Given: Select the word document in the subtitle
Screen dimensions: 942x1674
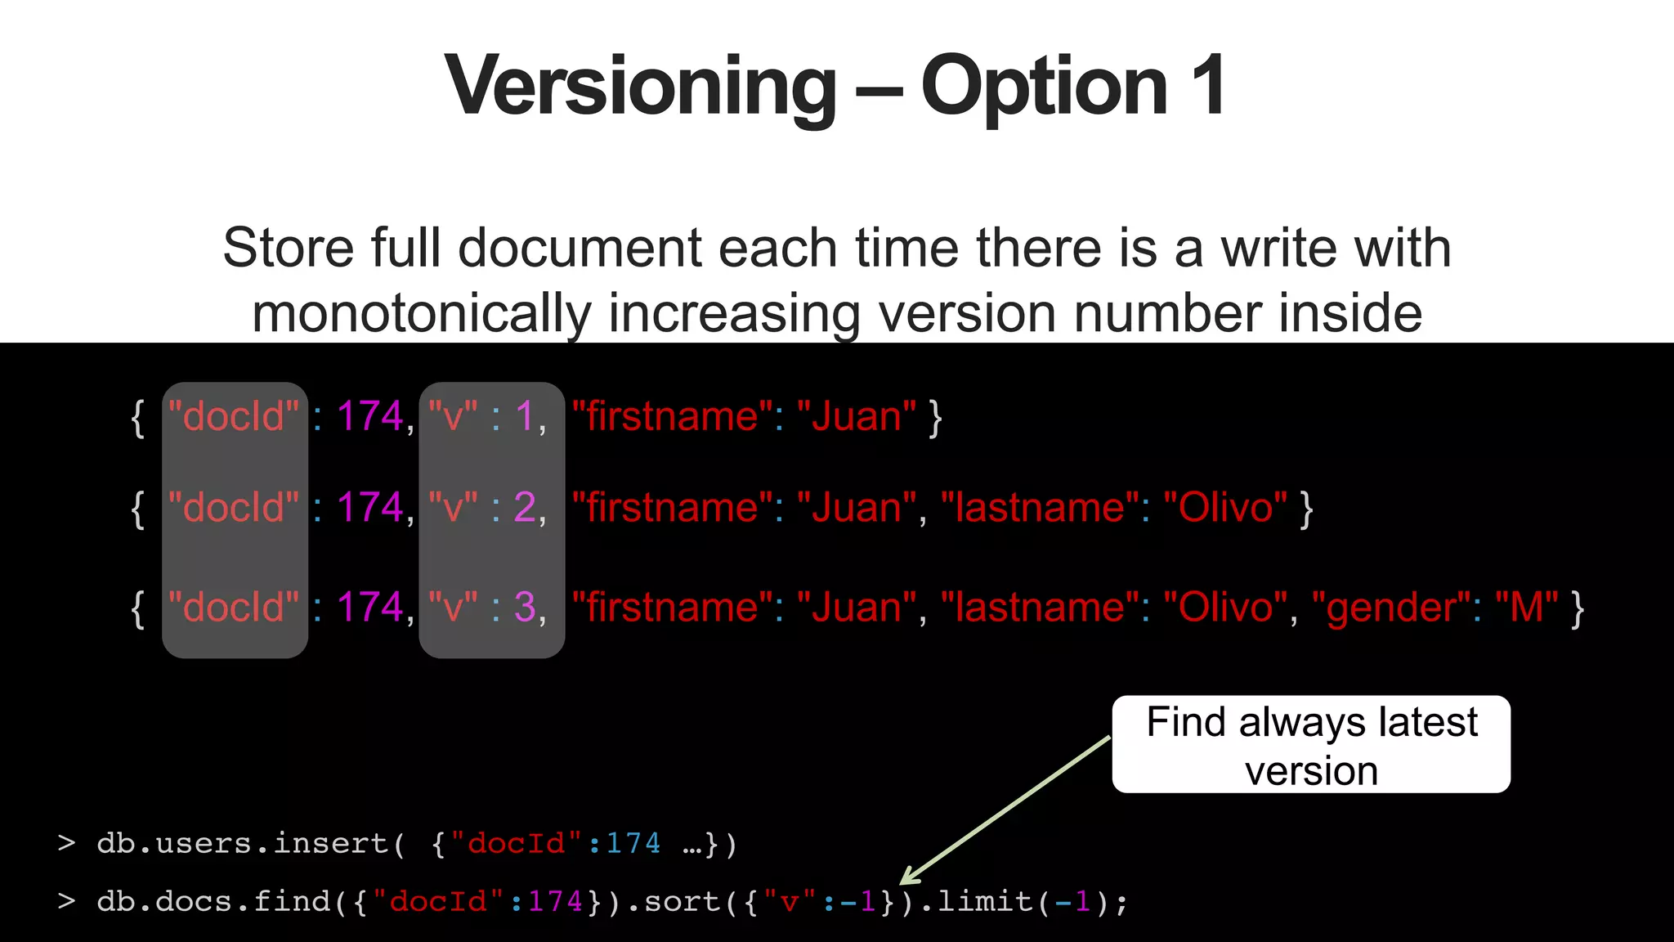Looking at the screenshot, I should (580, 248).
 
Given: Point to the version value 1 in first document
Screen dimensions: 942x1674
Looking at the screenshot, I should (524, 416).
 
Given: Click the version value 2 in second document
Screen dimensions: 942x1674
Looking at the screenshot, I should (525, 508).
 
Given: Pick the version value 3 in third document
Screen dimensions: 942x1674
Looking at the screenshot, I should (525, 608).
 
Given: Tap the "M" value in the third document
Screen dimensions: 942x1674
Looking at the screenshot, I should (1527, 608).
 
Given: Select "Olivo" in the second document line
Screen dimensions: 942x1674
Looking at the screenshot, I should (1224, 508).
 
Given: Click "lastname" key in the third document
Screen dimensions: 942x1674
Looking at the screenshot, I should (1041, 608).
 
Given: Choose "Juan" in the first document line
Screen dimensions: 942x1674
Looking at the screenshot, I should (856, 416).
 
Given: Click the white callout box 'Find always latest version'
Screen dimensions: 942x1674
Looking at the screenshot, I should (1311, 744).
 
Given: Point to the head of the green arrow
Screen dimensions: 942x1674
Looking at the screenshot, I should (904, 881).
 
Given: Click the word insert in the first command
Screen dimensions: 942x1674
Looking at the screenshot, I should (331, 843).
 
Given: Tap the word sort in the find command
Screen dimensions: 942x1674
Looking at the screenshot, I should (683, 902).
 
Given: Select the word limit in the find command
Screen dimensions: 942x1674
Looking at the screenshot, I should (985, 902).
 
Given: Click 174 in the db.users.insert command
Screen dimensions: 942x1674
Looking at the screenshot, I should (633, 843).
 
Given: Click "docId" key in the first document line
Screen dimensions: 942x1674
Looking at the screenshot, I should (234, 416).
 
